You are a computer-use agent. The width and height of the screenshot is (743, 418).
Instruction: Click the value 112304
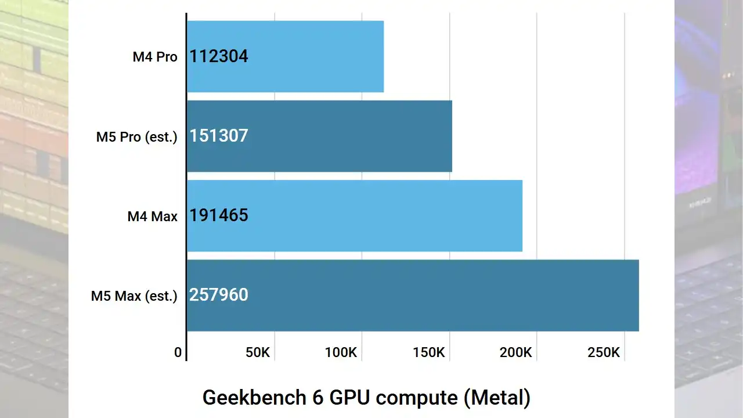click(x=219, y=56)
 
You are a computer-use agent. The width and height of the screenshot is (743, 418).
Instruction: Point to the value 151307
click(x=219, y=136)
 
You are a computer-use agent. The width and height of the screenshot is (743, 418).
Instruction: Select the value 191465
click(x=219, y=215)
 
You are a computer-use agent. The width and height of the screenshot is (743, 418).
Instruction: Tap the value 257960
click(x=219, y=295)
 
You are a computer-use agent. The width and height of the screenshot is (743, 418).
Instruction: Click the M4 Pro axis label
click(x=155, y=57)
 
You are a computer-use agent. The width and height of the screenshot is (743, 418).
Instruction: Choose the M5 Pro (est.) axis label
click(x=137, y=137)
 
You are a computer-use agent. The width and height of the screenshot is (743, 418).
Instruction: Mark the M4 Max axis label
click(x=153, y=217)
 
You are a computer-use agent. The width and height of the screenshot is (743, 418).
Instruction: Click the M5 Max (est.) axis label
click(x=134, y=296)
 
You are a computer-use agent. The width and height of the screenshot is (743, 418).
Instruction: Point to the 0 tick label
click(x=178, y=352)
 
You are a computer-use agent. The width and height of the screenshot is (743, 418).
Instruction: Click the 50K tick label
click(x=258, y=352)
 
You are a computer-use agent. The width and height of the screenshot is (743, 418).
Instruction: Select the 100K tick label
click(x=341, y=352)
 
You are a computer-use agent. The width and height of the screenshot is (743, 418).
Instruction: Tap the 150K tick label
click(x=428, y=352)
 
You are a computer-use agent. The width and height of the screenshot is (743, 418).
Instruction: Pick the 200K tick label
click(x=516, y=352)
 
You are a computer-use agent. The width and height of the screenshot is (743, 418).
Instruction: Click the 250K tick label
click(x=604, y=352)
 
